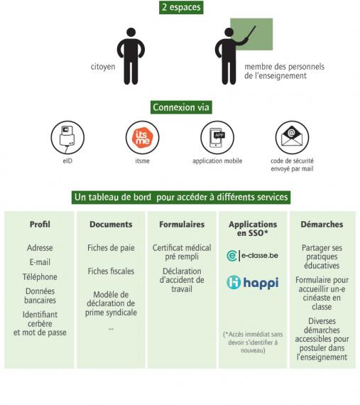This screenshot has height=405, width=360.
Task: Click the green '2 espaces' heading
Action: (x=181, y=7)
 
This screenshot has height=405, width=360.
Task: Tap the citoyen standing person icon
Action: (x=131, y=56)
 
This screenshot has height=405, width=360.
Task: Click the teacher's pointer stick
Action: (x=249, y=35)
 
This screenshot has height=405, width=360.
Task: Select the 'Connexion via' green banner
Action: (x=181, y=107)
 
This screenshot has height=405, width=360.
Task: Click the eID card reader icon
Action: (x=67, y=138)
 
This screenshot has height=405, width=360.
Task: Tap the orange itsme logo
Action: (x=143, y=138)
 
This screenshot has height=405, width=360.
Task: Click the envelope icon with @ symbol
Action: (x=292, y=138)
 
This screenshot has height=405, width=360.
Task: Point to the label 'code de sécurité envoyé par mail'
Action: (x=292, y=165)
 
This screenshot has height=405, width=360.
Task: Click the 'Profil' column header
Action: (x=40, y=225)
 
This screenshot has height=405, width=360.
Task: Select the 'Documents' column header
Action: (x=111, y=225)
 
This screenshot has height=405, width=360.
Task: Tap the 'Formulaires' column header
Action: (x=182, y=225)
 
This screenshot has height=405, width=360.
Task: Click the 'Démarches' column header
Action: (x=322, y=225)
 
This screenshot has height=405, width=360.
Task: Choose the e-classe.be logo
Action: (x=252, y=256)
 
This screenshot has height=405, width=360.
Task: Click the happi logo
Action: (x=253, y=283)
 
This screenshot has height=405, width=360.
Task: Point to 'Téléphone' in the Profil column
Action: (x=40, y=276)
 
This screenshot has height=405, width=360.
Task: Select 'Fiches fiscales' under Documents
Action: (x=111, y=271)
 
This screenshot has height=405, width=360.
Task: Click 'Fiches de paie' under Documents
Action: (x=111, y=248)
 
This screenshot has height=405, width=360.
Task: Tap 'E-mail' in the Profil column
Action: (x=40, y=262)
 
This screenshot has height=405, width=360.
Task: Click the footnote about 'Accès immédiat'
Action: (x=253, y=342)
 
